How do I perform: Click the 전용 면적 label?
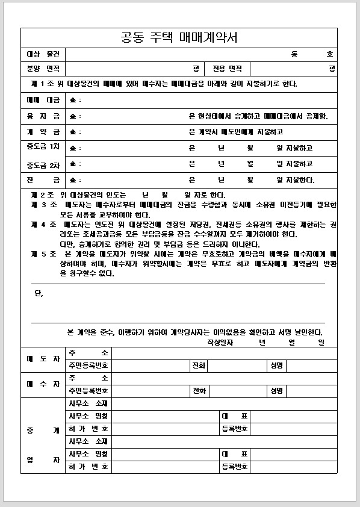[227, 69]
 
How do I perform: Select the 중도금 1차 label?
[43, 148]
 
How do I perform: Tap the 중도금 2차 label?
[43, 164]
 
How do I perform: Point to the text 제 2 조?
[43, 195]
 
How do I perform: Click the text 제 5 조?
[43, 254]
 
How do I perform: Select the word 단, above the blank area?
[39, 294]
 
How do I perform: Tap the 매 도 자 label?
[43, 359]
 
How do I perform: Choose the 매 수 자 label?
[43, 384]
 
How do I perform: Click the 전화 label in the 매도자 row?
[199, 365]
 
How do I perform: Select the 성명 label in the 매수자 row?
[277, 391]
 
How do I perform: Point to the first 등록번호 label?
[235, 429]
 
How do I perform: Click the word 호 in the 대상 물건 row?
[329, 54]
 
